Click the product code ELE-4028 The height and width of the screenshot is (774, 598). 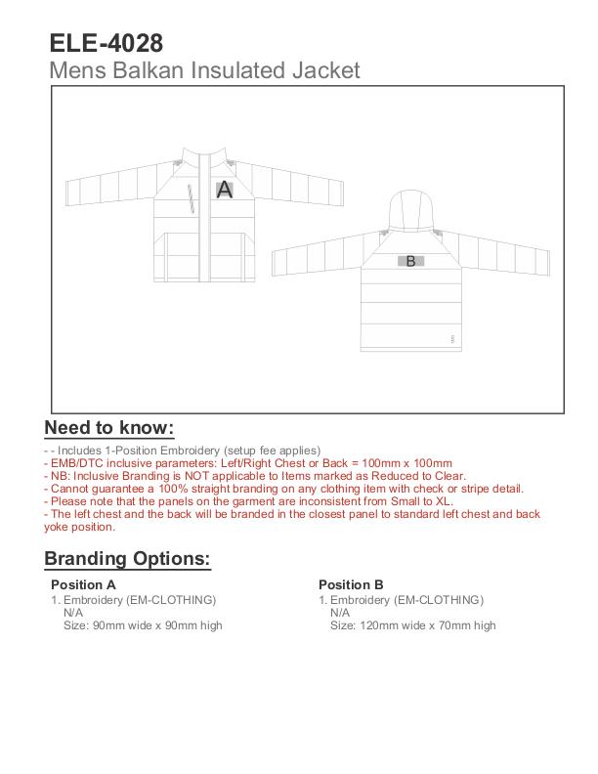tap(106, 43)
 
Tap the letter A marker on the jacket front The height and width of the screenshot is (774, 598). tap(224, 190)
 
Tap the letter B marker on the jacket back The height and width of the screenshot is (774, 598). tap(410, 261)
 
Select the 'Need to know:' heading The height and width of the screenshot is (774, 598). tap(108, 428)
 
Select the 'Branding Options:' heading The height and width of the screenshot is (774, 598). tap(127, 559)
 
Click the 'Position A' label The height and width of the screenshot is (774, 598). tap(83, 585)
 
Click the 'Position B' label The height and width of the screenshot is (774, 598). tap(351, 585)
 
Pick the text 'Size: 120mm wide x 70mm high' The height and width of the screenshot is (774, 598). tap(412, 625)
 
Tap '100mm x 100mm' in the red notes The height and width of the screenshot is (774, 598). tap(411, 463)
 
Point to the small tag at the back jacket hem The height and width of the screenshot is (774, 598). tap(452, 339)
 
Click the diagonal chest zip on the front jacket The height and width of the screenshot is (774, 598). tap(192, 198)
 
